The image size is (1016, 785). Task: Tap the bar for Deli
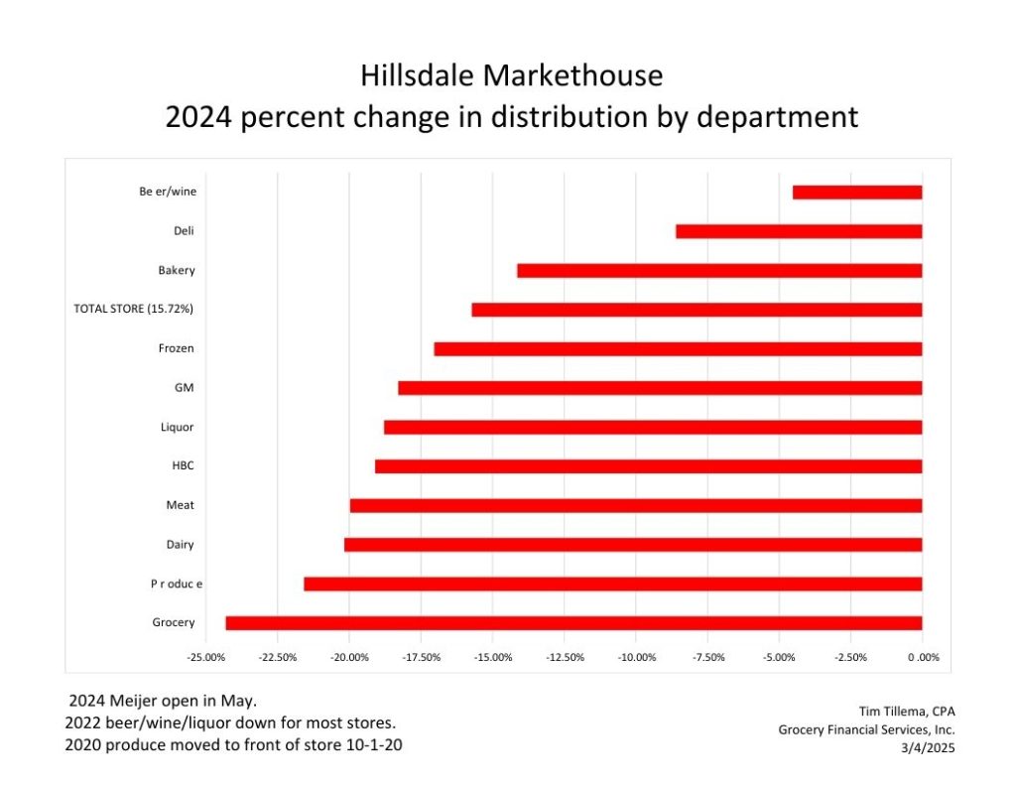coord(799,231)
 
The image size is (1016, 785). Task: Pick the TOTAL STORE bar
coord(697,310)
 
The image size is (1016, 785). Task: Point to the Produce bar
coord(612,584)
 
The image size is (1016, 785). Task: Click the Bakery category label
coord(176,271)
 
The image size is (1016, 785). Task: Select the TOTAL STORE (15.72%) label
coord(133,310)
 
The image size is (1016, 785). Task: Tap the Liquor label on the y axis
coord(177,428)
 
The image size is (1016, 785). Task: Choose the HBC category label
coord(183,465)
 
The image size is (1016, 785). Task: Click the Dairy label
coord(180,545)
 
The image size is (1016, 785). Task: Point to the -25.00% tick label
coord(205,657)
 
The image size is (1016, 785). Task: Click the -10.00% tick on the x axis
coord(636,657)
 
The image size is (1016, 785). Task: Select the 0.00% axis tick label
coord(923,657)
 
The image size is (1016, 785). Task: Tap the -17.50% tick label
coord(421,657)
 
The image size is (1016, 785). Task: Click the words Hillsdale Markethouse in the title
coord(511,75)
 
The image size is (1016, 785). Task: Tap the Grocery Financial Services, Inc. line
coord(866,729)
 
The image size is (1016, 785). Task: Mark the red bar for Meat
coord(636,505)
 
